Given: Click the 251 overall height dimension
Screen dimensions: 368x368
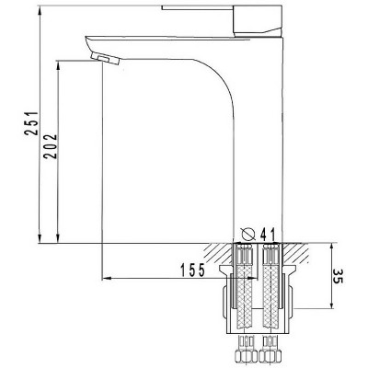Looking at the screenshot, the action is pyautogui.click(x=31, y=123).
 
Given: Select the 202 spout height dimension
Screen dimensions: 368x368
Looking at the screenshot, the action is pyautogui.click(x=50, y=146).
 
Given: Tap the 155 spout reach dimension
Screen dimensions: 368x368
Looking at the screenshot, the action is pyautogui.click(x=192, y=270).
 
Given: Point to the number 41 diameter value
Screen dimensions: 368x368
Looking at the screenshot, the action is pyautogui.click(x=268, y=235).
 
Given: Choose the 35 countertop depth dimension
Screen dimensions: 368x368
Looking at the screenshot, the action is pyautogui.click(x=338, y=277).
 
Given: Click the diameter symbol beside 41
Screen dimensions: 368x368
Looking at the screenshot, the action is pyautogui.click(x=248, y=235).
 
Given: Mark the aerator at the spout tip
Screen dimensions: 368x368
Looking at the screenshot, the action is pyautogui.click(x=105, y=58).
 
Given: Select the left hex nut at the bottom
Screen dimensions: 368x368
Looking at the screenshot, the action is pyautogui.click(x=246, y=356).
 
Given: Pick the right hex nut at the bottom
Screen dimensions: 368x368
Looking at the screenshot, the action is pyautogui.click(x=270, y=356).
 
